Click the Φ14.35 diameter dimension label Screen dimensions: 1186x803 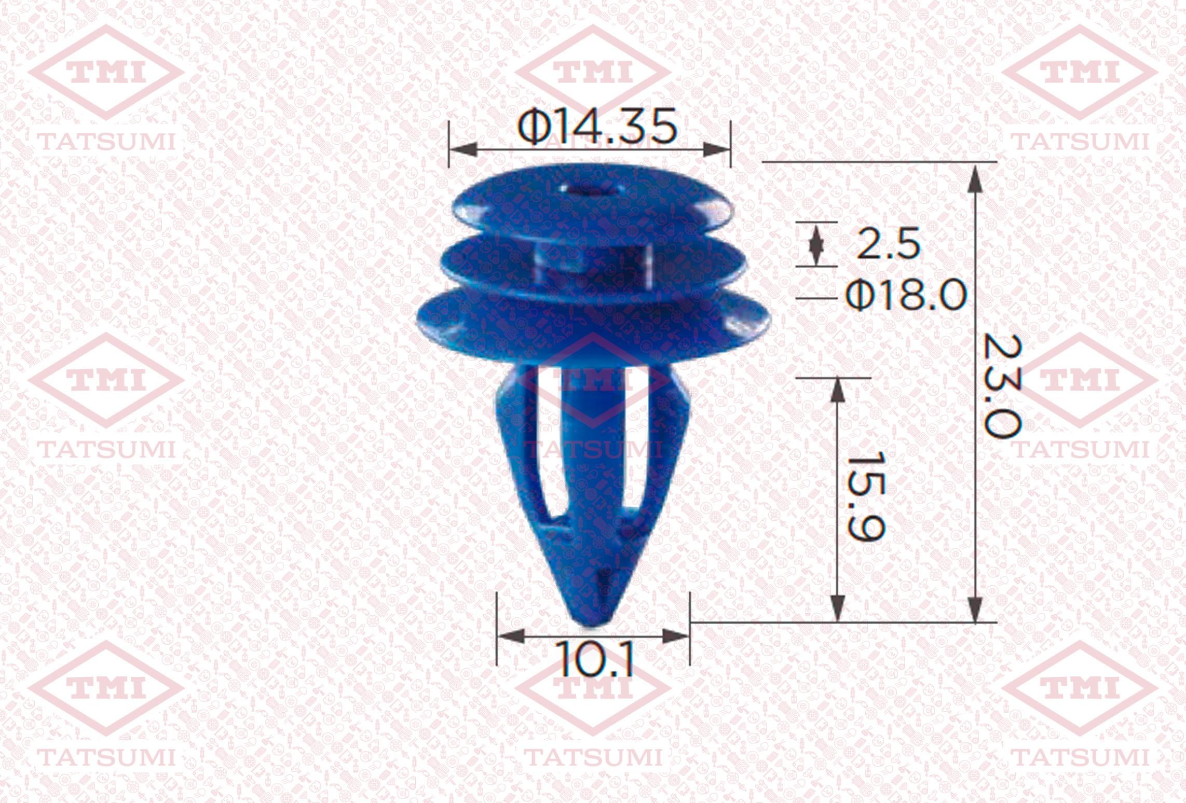(x=597, y=126)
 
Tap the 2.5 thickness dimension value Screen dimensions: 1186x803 (x=888, y=243)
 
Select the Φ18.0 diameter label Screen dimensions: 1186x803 (x=906, y=295)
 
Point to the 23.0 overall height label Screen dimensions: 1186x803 (x=1002, y=386)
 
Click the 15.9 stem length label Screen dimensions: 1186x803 (x=865, y=496)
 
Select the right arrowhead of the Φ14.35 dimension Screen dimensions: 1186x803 (x=717, y=150)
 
